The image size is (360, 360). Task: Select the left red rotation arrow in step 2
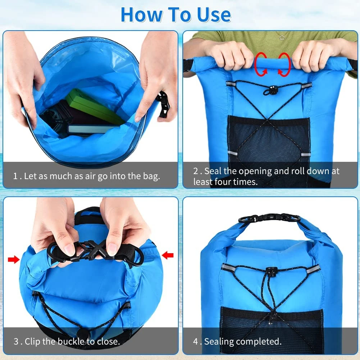(x=260, y=65)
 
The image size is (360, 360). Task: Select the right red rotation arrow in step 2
(x=284, y=65)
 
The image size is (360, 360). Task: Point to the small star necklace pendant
(x=282, y=37)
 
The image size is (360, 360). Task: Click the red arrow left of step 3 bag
(x=14, y=259)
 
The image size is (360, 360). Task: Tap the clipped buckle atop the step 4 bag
(x=269, y=218)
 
